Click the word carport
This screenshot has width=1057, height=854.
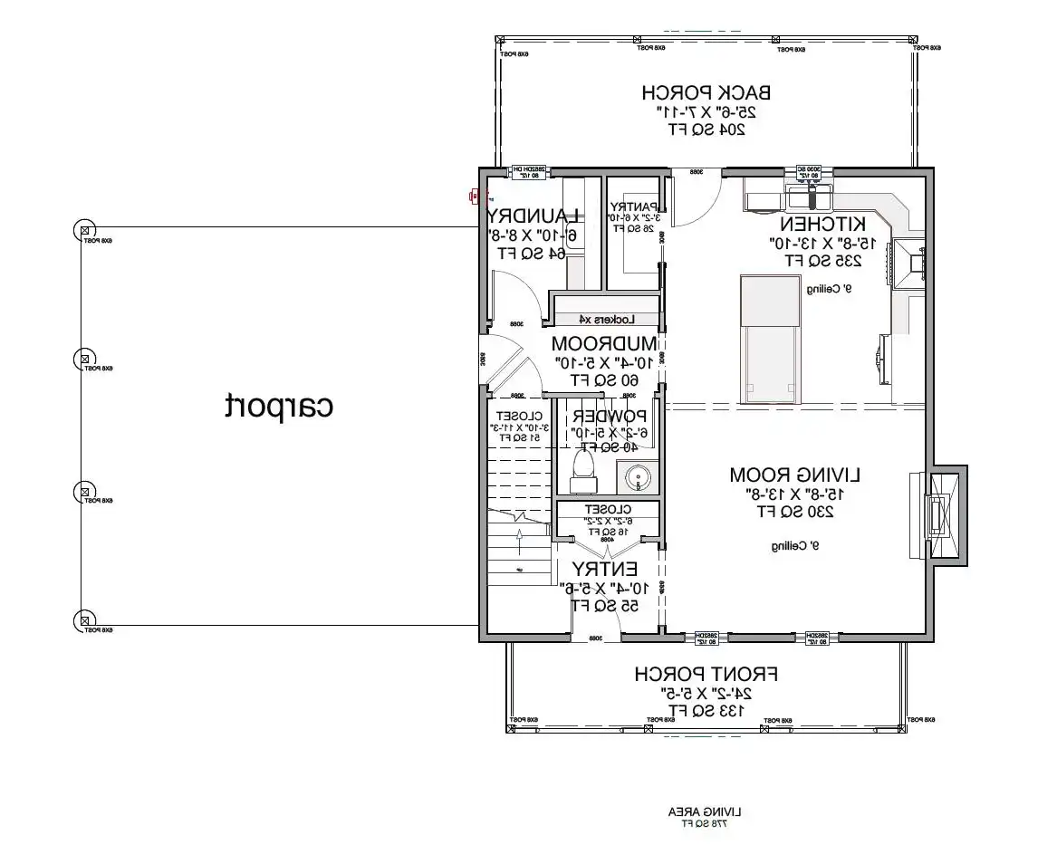279,407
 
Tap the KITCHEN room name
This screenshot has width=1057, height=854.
823,224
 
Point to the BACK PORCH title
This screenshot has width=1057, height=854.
706,92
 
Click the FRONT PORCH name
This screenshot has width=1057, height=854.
706,675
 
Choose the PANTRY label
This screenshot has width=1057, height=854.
633,206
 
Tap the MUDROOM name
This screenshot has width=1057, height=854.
604,344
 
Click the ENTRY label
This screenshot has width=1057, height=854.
604,569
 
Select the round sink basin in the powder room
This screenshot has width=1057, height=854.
639,477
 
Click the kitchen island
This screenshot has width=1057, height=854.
770,340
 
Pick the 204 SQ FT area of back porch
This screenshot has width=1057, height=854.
706,130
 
